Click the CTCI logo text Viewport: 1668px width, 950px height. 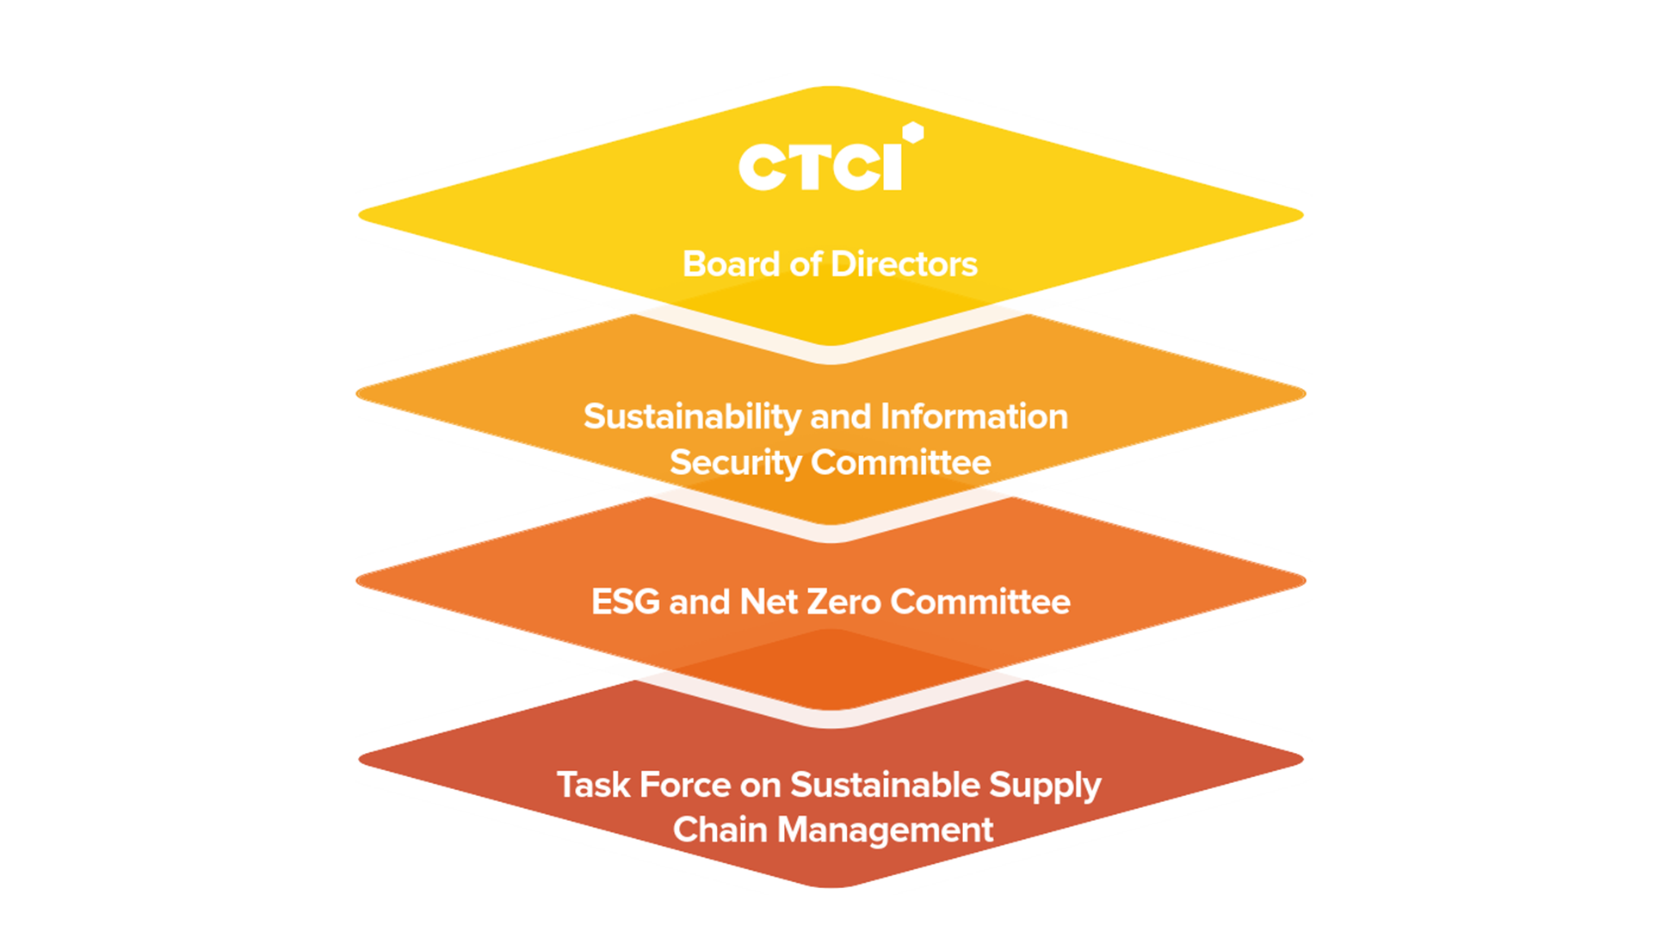tap(820, 166)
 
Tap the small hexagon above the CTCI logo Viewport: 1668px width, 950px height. tap(913, 133)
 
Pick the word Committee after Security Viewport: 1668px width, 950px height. tap(902, 463)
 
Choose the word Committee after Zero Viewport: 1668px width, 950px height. tap(980, 601)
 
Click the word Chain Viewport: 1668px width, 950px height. tap(720, 830)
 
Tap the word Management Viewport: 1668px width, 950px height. tap(885, 831)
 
